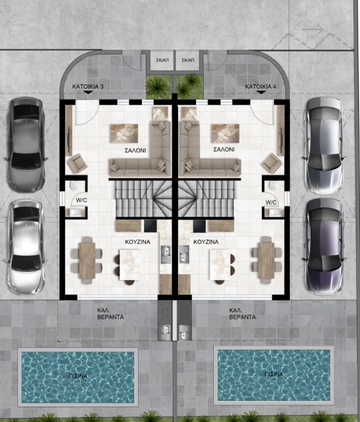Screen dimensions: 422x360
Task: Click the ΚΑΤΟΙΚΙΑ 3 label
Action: pos(88,86)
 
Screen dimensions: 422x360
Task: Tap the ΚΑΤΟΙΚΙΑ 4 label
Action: pos(261,86)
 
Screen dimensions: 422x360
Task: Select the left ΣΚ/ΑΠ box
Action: pos(160,60)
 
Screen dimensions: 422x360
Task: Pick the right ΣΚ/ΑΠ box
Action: pos(188,60)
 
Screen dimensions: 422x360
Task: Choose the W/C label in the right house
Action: pos(270,202)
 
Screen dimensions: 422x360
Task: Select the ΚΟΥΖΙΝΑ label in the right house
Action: pos(206,242)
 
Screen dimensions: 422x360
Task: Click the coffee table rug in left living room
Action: pos(125,132)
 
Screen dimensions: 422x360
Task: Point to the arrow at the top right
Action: pos(313,28)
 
